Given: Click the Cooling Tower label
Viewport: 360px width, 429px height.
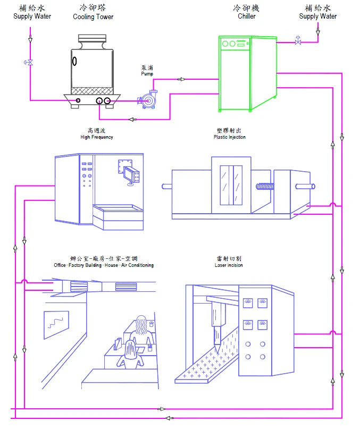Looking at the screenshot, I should tap(93, 16).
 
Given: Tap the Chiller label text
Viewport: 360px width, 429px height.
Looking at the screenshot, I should tap(247, 16).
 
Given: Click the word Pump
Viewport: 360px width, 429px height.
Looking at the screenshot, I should tap(147, 73).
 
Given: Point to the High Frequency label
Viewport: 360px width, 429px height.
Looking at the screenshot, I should tap(97, 137).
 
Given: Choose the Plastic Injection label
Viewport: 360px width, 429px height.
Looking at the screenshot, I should tap(230, 137).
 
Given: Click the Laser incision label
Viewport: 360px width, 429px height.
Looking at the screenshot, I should tap(229, 265).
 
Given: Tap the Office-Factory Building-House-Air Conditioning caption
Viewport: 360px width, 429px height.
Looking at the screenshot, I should tap(104, 265).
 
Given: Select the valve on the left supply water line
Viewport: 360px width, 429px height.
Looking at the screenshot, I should tap(30, 62).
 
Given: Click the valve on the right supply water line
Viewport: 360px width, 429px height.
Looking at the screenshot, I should tap(298, 40).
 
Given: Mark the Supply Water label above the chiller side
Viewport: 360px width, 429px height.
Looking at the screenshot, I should tap(317, 16).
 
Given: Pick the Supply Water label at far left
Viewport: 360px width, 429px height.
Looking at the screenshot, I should tap(32, 16).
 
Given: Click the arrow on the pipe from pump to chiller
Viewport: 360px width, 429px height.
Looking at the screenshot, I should tap(181, 79).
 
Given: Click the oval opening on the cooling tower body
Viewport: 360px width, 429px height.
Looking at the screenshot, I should tap(74, 61).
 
